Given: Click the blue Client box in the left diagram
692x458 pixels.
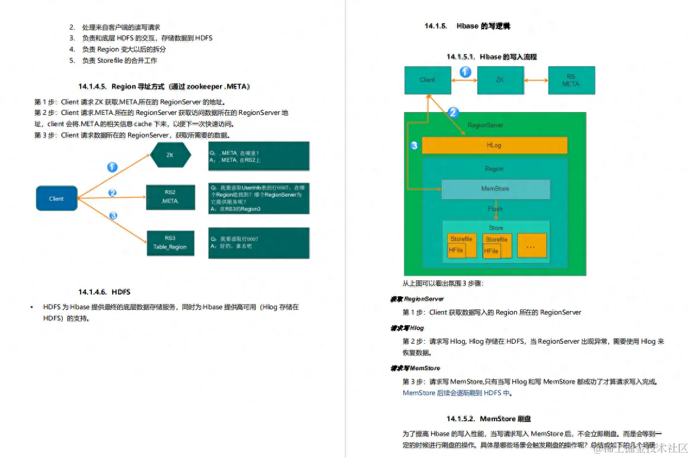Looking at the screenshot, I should click(x=56, y=198).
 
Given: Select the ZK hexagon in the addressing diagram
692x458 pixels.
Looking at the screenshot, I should click(x=170, y=155).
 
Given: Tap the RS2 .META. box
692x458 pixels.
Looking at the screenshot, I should click(x=170, y=197).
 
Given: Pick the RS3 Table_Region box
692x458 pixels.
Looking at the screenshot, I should click(x=170, y=243).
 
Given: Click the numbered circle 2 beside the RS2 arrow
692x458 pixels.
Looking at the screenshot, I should click(x=113, y=193).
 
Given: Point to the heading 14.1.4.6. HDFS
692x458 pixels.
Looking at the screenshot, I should click(x=104, y=292).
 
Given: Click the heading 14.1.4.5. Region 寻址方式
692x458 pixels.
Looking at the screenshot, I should click(x=164, y=87).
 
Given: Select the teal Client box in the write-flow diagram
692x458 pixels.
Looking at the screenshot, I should click(x=427, y=80).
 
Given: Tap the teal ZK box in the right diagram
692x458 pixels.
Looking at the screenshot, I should click(x=500, y=80).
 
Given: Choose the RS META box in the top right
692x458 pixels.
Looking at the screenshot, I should click(x=571, y=80).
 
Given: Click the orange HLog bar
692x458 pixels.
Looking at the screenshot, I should click(x=494, y=145).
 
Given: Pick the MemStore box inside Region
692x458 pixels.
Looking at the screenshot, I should click(x=495, y=188).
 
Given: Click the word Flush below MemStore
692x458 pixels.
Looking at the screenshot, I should click(x=495, y=209).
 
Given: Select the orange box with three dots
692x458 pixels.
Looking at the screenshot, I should click(x=531, y=245).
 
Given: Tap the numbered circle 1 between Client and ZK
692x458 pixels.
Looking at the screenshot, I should click(x=465, y=72).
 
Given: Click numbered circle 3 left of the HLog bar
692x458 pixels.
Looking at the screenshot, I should click(x=414, y=145).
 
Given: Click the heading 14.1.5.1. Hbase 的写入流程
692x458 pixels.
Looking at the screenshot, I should click(x=492, y=57).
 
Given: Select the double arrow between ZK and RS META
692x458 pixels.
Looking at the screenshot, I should click(x=536, y=80).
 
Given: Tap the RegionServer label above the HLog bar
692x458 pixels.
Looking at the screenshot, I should click(x=486, y=126).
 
